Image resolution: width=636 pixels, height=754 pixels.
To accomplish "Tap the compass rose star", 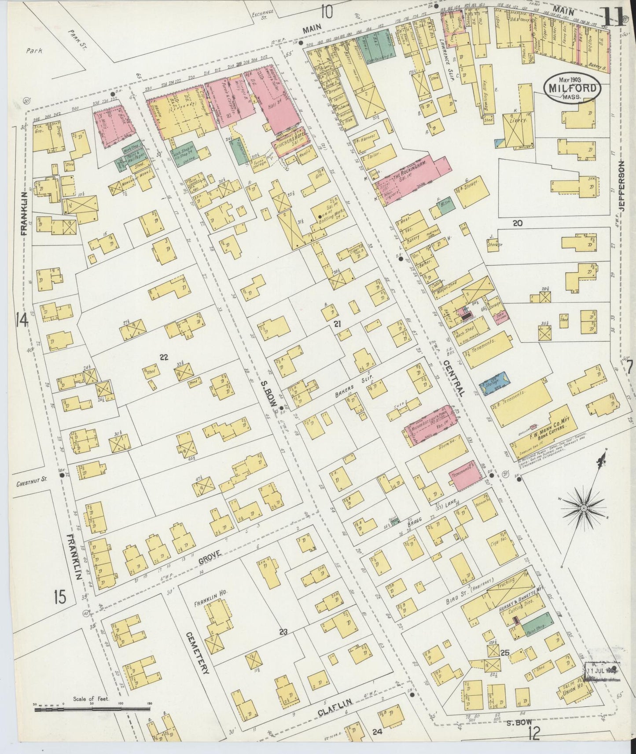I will pos(583,508).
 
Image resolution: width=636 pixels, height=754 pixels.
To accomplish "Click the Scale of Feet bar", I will pos(92,707).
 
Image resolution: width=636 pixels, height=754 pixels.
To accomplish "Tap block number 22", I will pos(164,358).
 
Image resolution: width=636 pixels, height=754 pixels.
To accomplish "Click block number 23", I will pos(283,633).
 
